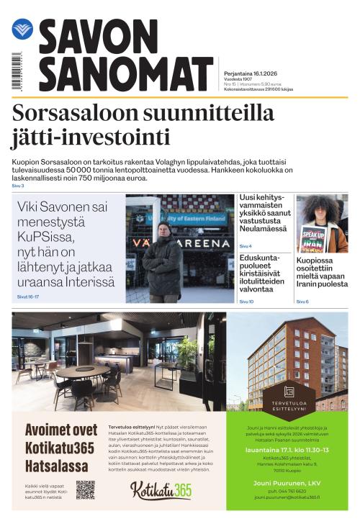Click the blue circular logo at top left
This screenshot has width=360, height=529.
pyautogui.click(x=22, y=30)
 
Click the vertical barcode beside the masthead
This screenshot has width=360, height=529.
pyautogui.click(x=16, y=71)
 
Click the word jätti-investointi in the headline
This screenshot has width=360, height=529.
pyautogui.click(x=91, y=137)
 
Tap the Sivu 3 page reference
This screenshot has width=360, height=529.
pyautogui.click(x=18, y=186)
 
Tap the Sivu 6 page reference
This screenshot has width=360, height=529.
pyautogui.click(x=302, y=302)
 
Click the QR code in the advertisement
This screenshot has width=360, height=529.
pyautogui.click(x=86, y=490)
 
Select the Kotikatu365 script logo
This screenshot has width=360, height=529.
pyautogui.click(x=161, y=490)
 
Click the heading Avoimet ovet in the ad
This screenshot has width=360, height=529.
pyautogui.click(x=61, y=430)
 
